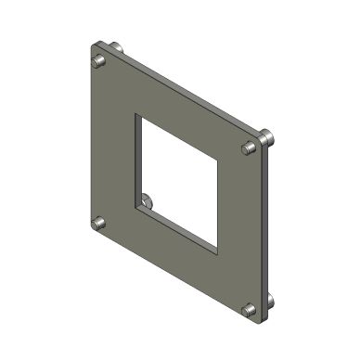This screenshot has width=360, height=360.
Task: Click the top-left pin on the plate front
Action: pos(97,62)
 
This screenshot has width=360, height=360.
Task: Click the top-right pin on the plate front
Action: pos(248,148)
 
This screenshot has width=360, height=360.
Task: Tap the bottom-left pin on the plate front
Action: pos(97,224)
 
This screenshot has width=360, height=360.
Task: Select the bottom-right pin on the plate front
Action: pos(248,310)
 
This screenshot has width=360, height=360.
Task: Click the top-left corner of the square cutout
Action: pos(135,115)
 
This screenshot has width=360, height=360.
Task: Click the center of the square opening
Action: pos(178,183)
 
